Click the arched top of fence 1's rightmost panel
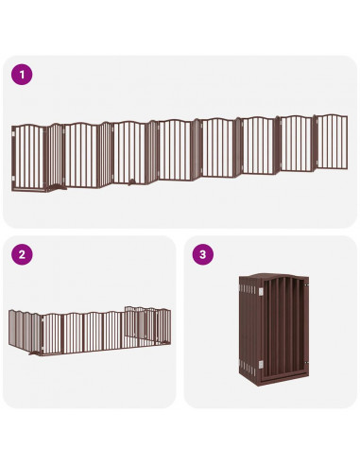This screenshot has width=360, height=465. [x=331, y=116]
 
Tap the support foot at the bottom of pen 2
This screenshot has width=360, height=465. [x=39, y=356]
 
